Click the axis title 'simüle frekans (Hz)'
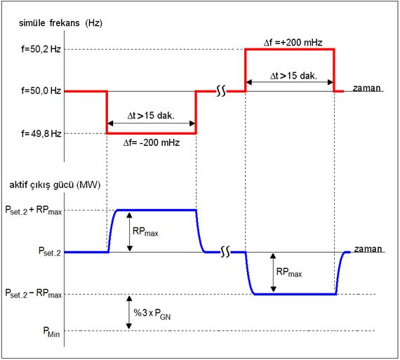[x=61, y=23]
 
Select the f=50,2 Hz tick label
[x=41, y=49]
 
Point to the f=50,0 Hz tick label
[x=41, y=91]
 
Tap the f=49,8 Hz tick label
[x=41, y=133]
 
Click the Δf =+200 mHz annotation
[x=293, y=42]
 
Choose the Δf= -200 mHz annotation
[x=152, y=142]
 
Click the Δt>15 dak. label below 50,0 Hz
[x=151, y=116]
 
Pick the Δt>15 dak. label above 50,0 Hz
[x=293, y=76]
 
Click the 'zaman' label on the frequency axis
[x=366, y=88]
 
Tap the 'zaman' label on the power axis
[x=368, y=249]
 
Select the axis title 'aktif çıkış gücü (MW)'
[x=55, y=185]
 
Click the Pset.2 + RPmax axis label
[x=34, y=211]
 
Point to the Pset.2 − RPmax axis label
[x=34, y=293]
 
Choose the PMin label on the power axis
[x=51, y=332]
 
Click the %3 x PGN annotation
[x=152, y=314]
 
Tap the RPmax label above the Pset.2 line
[x=145, y=232]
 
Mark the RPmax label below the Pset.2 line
[x=289, y=272]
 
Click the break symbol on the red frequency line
[x=221, y=91]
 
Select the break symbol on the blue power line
[x=225, y=252]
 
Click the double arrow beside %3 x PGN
[x=129, y=312]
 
